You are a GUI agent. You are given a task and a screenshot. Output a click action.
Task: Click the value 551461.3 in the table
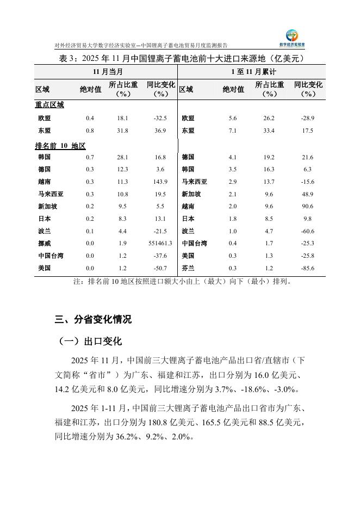[160, 243]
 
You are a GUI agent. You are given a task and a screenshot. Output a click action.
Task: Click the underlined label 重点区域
[49, 104]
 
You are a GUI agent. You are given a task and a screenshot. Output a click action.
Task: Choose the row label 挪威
[45, 243]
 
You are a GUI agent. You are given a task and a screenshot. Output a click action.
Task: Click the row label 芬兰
[188, 268]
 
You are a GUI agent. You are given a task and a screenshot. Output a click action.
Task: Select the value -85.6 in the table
[308, 268]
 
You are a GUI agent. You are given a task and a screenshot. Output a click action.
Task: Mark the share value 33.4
[269, 131]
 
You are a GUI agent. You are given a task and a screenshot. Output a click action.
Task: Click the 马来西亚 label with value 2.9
[194, 182]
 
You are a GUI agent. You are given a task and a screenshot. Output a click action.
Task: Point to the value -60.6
[308, 231]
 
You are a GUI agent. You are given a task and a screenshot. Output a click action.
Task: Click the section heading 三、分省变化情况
[93, 319]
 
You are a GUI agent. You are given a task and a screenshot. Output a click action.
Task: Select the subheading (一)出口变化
[90, 342]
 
